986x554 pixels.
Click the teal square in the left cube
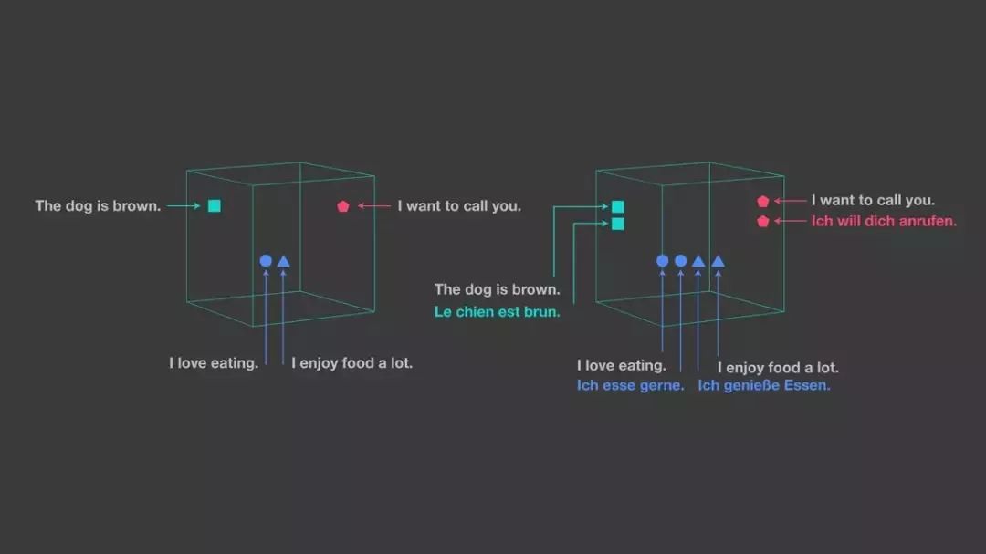point(214,206)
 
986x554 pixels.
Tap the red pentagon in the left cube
point(343,206)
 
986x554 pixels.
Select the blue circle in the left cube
point(266,261)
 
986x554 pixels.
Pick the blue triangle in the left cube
point(283,261)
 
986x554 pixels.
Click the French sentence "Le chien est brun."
point(497,312)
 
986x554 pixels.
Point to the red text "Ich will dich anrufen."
point(884,221)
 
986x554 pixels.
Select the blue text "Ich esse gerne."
point(630,385)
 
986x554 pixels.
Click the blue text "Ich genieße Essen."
point(764,385)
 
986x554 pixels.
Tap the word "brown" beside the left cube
point(137,206)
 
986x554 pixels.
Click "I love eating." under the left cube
point(214,363)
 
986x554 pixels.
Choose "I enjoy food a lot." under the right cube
point(778,368)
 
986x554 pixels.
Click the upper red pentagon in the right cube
point(763,202)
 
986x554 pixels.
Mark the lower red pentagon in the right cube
point(763,221)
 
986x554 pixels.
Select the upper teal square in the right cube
point(618,207)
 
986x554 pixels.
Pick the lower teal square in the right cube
point(618,224)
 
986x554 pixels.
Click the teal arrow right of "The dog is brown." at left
point(183,206)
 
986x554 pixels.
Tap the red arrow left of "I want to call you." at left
point(374,206)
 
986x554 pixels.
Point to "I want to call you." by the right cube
point(873,201)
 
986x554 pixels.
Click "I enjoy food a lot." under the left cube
point(351,363)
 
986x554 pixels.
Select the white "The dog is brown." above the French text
point(497,289)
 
